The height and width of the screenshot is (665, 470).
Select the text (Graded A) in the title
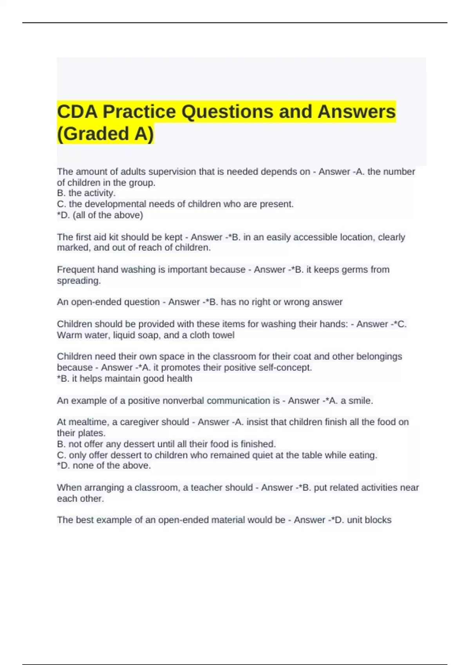[105, 134]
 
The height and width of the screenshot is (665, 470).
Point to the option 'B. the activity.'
[86, 193]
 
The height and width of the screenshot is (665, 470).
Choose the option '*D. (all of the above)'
[100, 215]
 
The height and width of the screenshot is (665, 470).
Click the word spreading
[79, 280]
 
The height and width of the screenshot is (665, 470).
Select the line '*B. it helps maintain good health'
[125, 379]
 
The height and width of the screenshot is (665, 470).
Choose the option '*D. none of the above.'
[104, 465]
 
